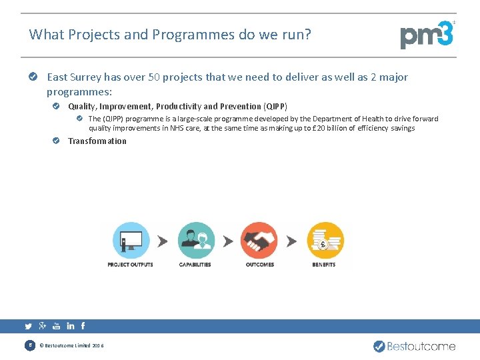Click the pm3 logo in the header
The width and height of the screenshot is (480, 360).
427,35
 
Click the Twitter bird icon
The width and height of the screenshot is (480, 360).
28,327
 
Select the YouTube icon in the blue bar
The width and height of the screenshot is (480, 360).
56,326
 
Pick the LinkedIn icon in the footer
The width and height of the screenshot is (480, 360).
70,326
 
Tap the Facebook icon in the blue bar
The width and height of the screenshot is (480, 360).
83,326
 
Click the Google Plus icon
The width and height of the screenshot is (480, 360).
43,326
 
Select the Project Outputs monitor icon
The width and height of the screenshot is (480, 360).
131,240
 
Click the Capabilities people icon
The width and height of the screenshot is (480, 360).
195,240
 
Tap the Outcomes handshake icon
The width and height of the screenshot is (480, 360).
259,240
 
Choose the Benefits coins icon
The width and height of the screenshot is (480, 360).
325,240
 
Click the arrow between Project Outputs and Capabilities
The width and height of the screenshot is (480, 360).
163,241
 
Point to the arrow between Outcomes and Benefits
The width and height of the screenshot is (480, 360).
292,241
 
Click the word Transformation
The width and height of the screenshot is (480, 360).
97,141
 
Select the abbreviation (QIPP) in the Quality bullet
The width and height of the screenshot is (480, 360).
275,106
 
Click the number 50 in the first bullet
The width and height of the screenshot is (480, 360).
154,77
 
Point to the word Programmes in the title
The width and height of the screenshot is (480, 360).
193,34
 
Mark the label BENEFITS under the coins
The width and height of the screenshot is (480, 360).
324,265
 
